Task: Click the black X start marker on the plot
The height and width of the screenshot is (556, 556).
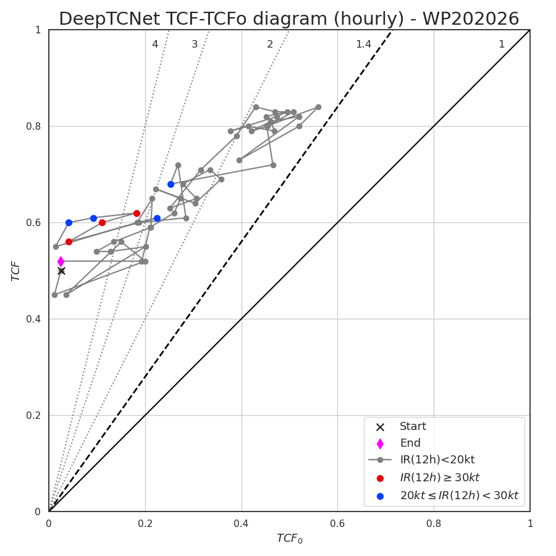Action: click(x=61, y=271)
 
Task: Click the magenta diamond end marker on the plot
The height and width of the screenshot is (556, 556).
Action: click(x=61, y=262)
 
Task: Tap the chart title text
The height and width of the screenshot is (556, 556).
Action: click(x=289, y=19)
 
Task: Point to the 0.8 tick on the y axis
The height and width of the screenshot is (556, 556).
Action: click(x=34, y=126)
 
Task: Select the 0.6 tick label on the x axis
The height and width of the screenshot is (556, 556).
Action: click(x=337, y=524)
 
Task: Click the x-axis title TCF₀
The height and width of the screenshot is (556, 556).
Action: click(x=289, y=538)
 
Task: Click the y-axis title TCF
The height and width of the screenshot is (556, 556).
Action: click(x=15, y=271)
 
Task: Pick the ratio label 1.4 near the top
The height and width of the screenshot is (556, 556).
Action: click(x=363, y=44)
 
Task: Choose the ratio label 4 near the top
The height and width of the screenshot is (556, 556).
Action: click(x=155, y=44)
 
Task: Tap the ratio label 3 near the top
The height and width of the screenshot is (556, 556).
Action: click(x=195, y=44)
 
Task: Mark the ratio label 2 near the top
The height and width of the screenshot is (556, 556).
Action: click(x=270, y=44)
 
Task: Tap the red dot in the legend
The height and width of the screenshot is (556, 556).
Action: click(x=380, y=478)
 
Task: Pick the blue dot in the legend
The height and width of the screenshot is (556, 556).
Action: click(x=380, y=496)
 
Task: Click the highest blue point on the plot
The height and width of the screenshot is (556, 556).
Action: click(x=171, y=184)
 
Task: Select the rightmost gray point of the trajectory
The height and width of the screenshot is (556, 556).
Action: click(x=318, y=107)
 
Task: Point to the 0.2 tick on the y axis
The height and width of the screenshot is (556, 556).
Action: click(x=34, y=415)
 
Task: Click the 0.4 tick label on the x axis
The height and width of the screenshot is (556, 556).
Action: click(x=241, y=524)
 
